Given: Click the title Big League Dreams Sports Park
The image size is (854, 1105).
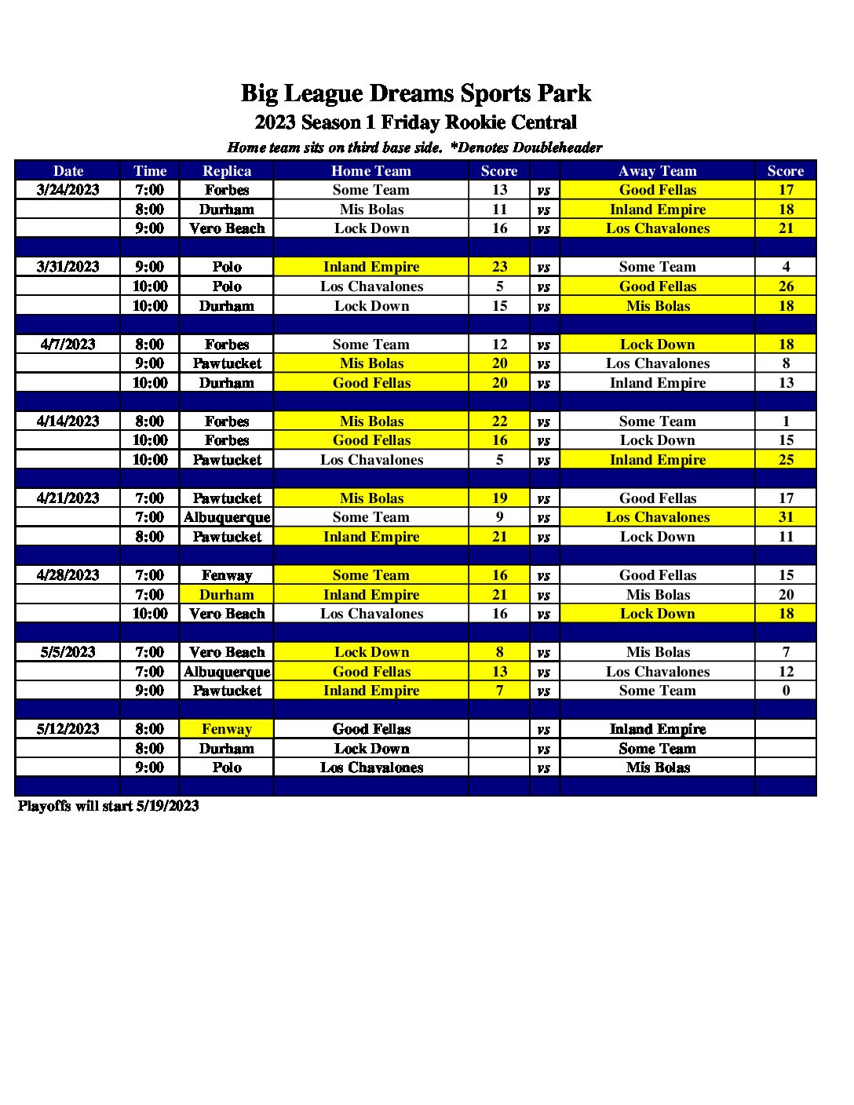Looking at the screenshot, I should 415,93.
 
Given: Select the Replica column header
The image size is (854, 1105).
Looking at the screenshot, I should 227,171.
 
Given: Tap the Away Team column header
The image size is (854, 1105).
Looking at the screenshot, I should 657,171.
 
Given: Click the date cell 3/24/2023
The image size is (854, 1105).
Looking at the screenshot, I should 68,190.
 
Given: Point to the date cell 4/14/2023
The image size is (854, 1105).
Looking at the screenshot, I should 68,421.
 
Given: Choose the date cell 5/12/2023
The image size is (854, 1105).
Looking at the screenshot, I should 68,729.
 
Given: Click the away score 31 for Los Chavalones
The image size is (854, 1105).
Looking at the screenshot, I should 786,517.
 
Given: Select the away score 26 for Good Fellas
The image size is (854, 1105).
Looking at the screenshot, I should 786,286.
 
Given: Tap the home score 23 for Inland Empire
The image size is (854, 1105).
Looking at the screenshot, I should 499,267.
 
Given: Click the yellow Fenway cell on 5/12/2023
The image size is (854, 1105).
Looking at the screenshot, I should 227,729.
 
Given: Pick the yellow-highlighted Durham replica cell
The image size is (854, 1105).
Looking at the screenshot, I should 227,595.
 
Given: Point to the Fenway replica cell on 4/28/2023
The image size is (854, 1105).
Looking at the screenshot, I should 227,575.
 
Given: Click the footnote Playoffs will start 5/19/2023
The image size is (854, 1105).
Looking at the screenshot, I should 108,806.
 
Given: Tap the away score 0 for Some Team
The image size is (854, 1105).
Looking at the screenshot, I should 786,691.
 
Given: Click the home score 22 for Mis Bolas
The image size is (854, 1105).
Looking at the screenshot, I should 499,421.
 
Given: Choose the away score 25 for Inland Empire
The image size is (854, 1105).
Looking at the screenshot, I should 786,460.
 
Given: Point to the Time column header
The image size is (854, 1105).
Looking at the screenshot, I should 150,171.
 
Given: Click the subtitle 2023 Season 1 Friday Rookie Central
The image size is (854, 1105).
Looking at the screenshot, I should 415,122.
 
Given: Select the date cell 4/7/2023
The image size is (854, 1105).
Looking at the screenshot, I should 68,345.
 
